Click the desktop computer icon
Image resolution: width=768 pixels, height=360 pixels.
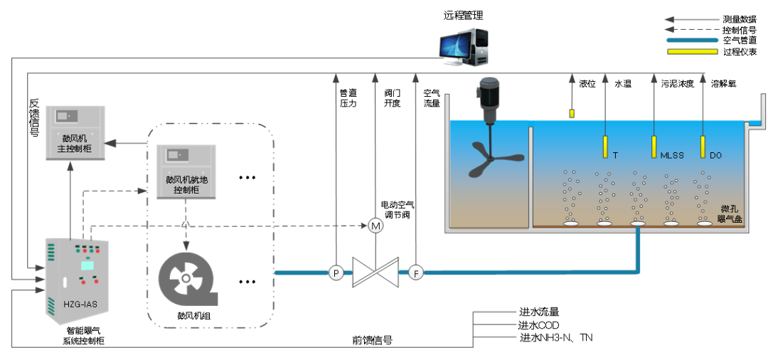[x=464, y=46]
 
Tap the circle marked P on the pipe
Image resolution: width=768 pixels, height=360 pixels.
[x=335, y=272]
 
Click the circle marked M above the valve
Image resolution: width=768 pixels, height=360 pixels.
[x=375, y=226]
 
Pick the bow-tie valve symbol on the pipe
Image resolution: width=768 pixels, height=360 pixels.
[x=375, y=272]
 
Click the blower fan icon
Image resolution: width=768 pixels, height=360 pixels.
[x=185, y=277]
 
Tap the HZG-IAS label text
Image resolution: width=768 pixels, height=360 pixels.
[x=79, y=304]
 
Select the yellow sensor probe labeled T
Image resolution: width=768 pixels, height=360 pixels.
[x=605, y=147]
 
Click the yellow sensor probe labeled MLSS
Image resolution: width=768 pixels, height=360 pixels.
[x=654, y=147]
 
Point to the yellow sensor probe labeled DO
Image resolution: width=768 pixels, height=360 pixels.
[x=703, y=147]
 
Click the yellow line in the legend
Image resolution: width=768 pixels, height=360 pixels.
[x=692, y=51]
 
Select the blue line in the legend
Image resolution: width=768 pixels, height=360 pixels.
[x=692, y=41]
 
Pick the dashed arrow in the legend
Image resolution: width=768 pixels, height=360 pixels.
[x=692, y=30]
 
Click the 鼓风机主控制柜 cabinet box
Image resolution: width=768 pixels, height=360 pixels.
[x=75, y=132]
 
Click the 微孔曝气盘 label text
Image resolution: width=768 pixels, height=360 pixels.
[x=730, y=214]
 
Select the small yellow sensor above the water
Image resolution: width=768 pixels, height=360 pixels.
[x=572, y=113]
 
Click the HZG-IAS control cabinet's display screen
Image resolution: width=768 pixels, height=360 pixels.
[x=87, y=265]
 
